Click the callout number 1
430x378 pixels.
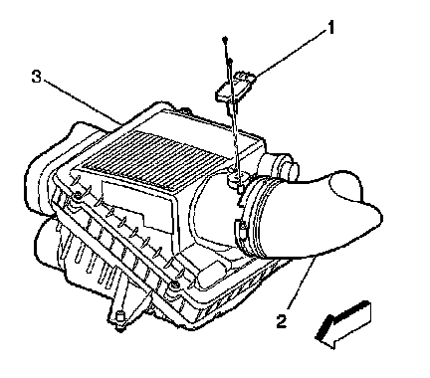click(330, 27)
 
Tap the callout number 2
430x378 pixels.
click(282, 321)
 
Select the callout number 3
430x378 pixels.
click(36, 77)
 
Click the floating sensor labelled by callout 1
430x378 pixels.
click(236, 88)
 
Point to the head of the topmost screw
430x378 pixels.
click(225, 40)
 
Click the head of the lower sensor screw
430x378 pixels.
click(230, 61)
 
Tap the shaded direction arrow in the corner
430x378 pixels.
click(342, 324)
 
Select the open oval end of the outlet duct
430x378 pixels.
click(344, 188)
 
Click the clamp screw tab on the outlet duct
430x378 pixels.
click(242, 230)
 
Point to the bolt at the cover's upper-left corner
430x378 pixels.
click(78, 196)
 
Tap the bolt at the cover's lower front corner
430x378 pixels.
click(173, 284)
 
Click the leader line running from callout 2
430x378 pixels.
click(302, 282)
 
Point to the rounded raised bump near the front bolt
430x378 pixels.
click(209, 275)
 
